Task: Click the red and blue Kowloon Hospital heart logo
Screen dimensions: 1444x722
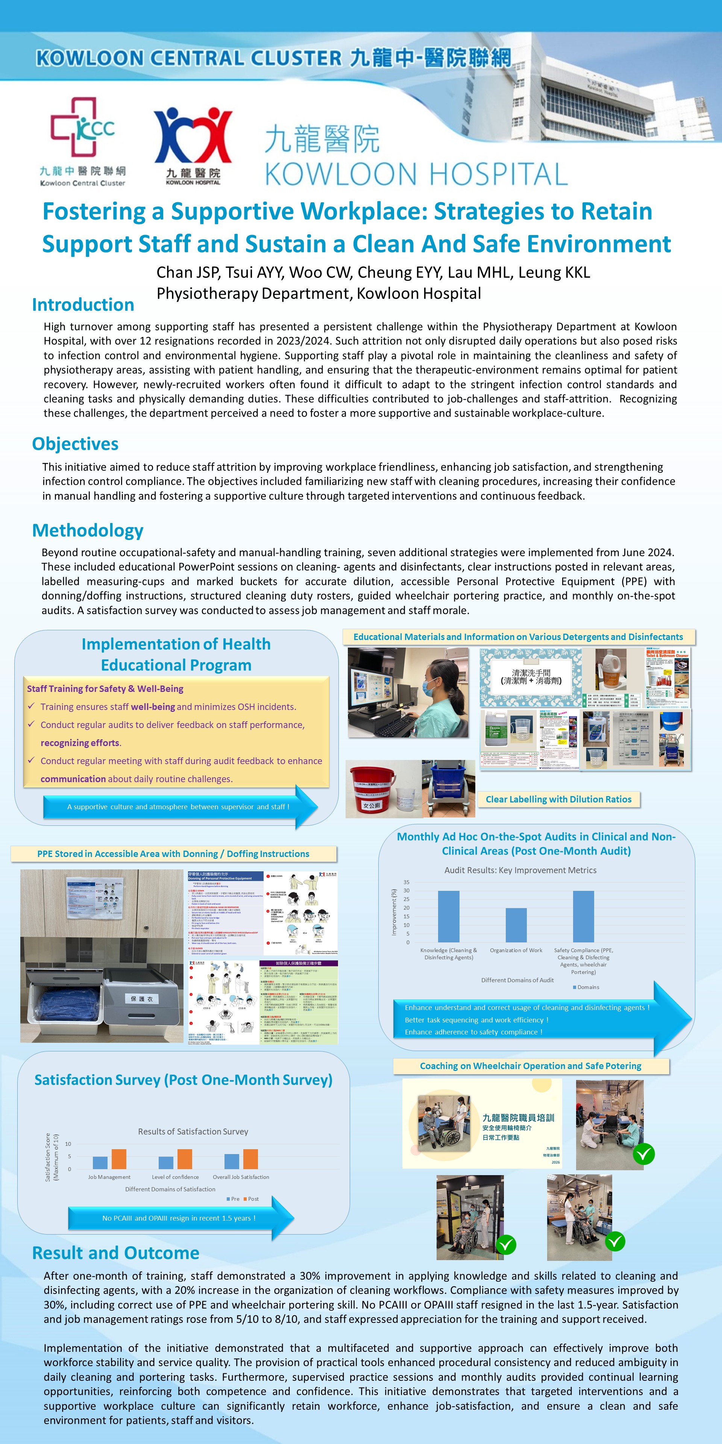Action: (193, 136)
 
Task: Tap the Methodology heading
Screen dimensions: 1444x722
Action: (88, 530)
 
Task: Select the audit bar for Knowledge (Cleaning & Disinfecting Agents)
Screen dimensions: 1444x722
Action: (449, 916)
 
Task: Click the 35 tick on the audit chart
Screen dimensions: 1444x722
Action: (407, 882)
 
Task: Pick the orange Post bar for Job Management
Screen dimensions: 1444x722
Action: (119, 1159)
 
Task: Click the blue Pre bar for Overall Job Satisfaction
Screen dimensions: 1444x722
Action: (232, 1161)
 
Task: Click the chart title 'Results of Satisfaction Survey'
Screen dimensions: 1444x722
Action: (193, 1131)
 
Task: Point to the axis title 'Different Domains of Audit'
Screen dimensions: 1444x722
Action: (517, 980)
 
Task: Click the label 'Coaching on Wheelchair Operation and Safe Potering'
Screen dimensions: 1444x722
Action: (530, 1066)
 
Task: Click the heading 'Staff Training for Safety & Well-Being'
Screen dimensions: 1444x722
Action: (105, 689)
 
